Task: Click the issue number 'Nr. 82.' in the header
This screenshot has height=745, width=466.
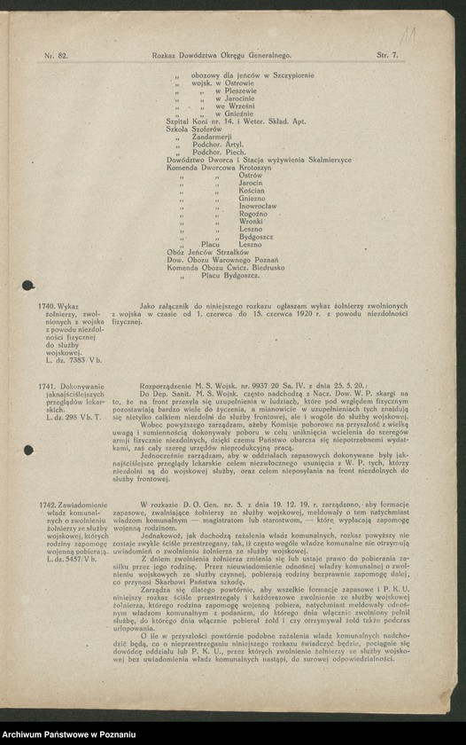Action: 56,55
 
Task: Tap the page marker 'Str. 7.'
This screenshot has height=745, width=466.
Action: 387,55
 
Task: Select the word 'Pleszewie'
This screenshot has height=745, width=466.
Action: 236,90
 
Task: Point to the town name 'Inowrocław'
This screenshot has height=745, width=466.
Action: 259,206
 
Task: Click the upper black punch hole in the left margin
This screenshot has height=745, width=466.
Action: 28,286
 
